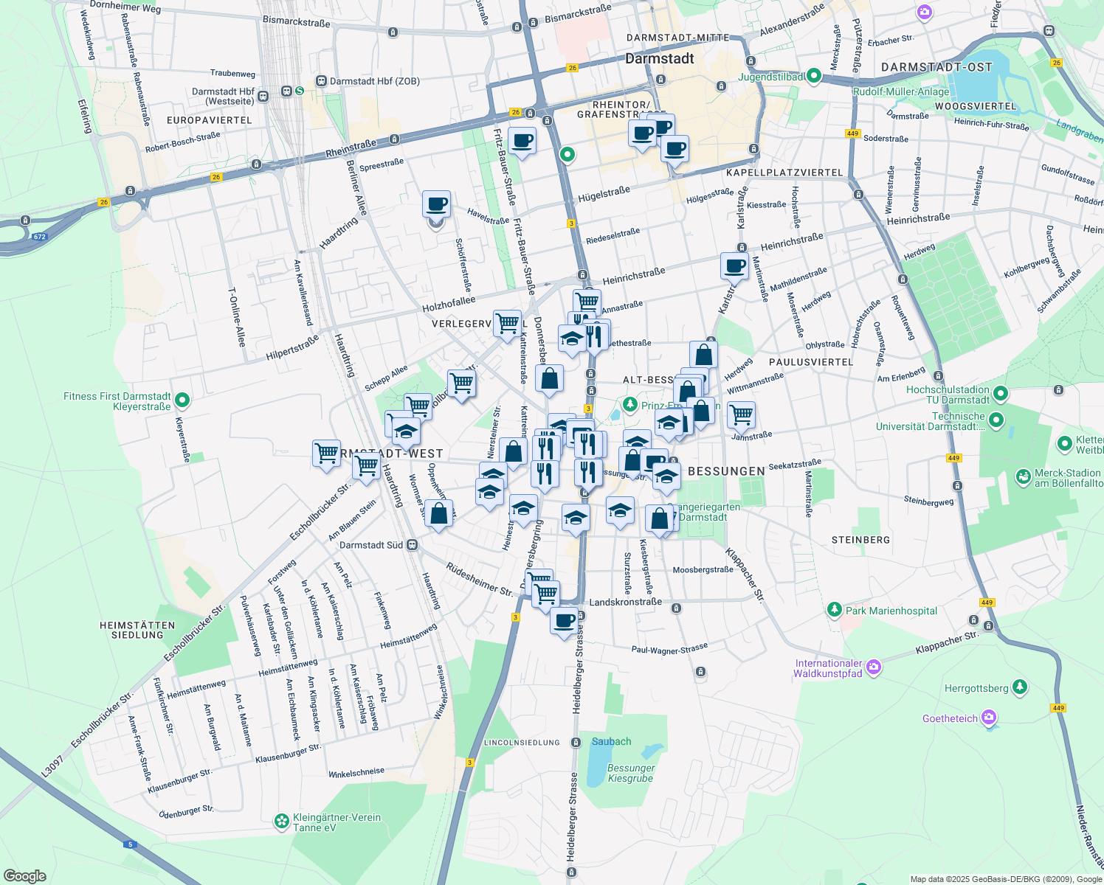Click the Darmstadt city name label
point(659,59)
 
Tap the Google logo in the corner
point(24,875)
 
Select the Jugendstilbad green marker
point(814,76)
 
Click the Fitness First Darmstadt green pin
point(182,400)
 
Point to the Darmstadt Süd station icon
point(412,545)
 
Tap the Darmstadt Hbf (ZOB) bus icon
point(321,81)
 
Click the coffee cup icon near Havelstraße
point(436,204)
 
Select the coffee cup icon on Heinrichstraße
point(734,265)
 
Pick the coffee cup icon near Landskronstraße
point(565,620)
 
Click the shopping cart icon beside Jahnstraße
point(741,415)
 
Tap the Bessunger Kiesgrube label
point(630,773)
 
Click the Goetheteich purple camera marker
point(989,718)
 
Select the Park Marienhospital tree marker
point(835,610)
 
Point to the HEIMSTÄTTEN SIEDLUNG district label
point(137,630)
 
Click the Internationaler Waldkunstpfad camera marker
point(874,667)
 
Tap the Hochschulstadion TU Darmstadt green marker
point(1001,393)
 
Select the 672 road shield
point(40,237)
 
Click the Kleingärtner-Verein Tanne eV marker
point(281,821)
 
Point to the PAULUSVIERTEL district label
point(811,362)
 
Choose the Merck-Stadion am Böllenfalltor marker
point(1024,477)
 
